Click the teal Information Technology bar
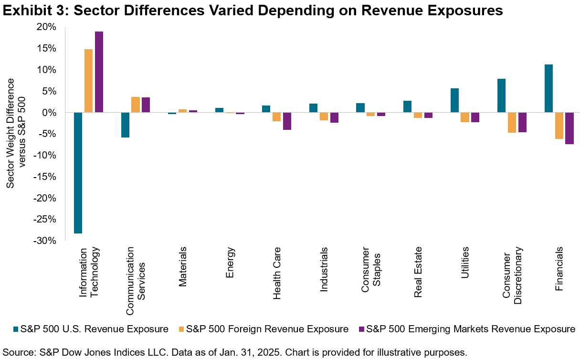78,173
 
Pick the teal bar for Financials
548,88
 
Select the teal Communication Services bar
125,125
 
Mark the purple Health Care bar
287,121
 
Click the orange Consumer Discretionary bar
512,122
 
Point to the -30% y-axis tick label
47,241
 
